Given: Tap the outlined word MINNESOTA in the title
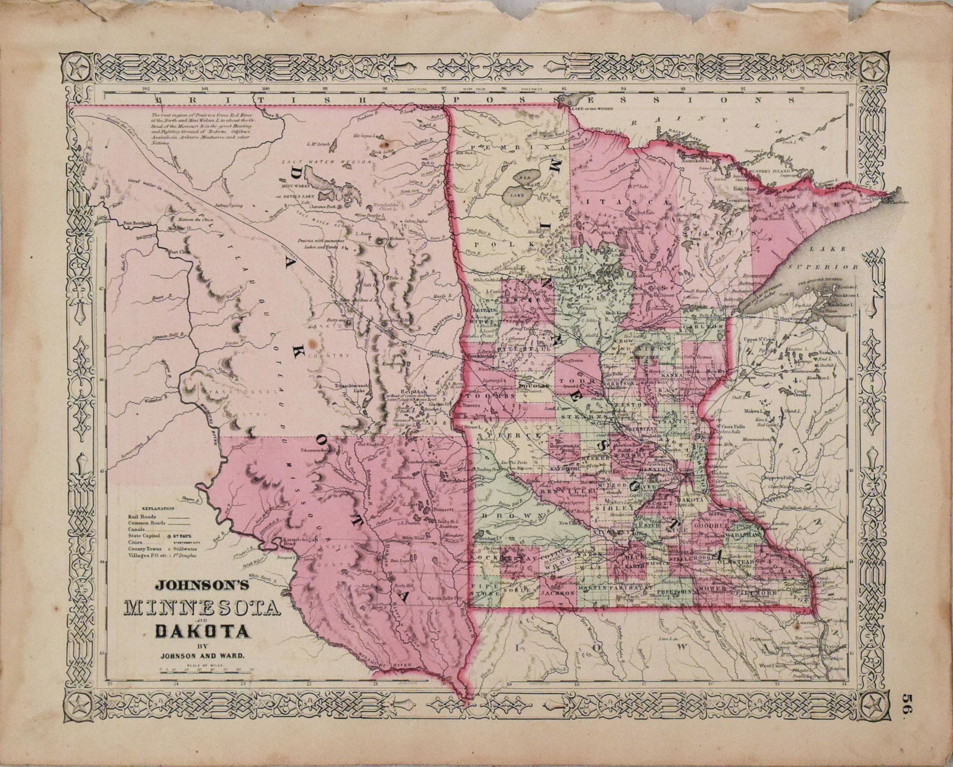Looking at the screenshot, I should point(202,609).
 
